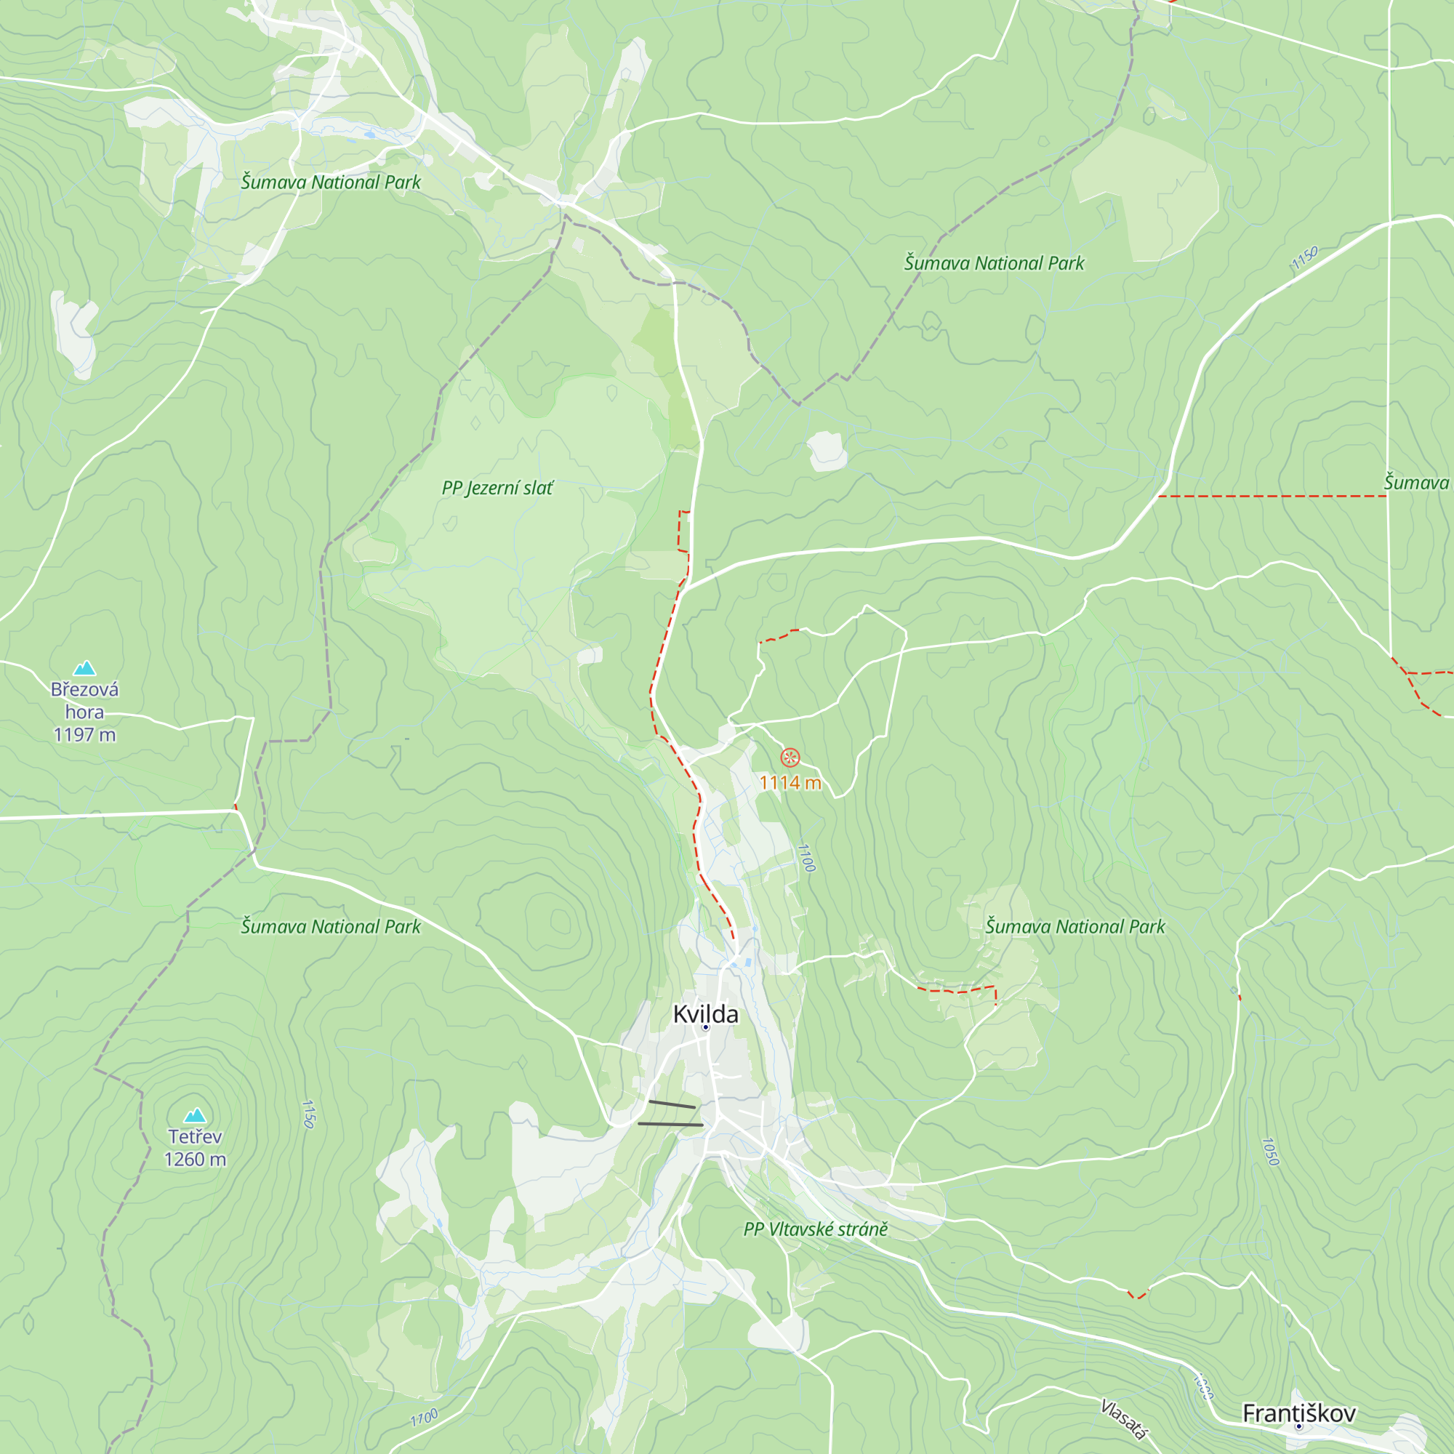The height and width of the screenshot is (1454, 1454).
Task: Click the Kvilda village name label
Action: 705,1013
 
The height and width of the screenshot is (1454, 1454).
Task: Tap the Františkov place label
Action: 1298,1413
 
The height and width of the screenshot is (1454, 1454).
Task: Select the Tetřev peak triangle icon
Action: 195,1114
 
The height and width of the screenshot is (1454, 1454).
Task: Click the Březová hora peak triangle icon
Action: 84,667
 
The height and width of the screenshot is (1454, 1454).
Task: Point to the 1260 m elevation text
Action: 195,1160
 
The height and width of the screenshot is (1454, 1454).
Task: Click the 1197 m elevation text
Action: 84,734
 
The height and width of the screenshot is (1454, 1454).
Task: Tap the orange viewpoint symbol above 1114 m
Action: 790,757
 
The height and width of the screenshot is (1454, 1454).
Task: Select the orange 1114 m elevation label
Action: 790,783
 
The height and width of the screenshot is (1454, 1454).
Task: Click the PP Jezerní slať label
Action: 497,488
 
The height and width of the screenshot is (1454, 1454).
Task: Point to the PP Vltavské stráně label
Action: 815,1229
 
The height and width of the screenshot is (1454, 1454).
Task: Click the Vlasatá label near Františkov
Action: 1123,1419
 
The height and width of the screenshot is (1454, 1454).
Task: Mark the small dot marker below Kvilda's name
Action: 705,1027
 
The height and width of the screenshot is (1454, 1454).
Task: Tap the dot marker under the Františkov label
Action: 1298,1426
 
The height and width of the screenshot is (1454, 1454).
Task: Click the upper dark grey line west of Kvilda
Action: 671,1104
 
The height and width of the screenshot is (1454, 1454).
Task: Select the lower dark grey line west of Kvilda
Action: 670,1125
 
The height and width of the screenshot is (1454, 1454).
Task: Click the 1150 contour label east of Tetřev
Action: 308,1114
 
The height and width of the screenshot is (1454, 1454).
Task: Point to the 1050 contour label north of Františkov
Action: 1270,1152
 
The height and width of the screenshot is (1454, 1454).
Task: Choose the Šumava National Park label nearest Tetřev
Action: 330,926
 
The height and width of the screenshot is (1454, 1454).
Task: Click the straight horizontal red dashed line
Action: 1272,496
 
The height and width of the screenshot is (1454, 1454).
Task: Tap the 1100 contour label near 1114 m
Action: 806,857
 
